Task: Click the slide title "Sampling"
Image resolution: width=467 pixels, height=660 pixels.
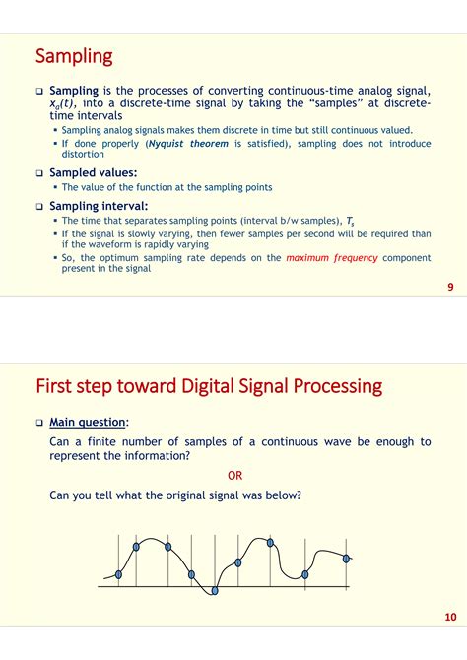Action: tap(74, 56)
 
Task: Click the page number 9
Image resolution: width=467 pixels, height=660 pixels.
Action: tap(450, 287)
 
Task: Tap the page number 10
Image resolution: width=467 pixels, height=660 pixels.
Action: tap(450, 617)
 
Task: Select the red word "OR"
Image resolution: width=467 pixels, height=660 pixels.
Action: tap(234, 476)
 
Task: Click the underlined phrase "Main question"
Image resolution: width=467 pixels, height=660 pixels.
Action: tap(88, 423)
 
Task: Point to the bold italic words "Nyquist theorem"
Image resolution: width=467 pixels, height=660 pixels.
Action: tap(188, 144)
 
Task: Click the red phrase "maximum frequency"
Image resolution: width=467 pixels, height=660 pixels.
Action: tap(332, 258)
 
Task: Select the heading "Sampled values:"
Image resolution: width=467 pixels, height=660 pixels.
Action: tap(94, 173)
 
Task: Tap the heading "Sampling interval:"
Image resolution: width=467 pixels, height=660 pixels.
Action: tap(99, 206)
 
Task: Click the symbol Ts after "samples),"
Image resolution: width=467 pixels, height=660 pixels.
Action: tap(351, 221)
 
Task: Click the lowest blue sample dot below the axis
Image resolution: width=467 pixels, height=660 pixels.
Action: tap(215, 590)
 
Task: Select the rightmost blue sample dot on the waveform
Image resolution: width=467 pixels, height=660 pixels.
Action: tap(346, 559)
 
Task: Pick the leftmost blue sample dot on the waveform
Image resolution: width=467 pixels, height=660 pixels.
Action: tap(119, 574)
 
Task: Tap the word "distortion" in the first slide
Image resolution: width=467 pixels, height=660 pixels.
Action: tap(83, 154)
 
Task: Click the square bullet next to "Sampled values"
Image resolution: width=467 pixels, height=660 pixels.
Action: tap(39, 173)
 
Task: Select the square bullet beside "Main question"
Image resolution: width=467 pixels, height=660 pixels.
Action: tap(39, 423)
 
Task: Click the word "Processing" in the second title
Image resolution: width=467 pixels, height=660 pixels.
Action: tap(338, 387)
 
